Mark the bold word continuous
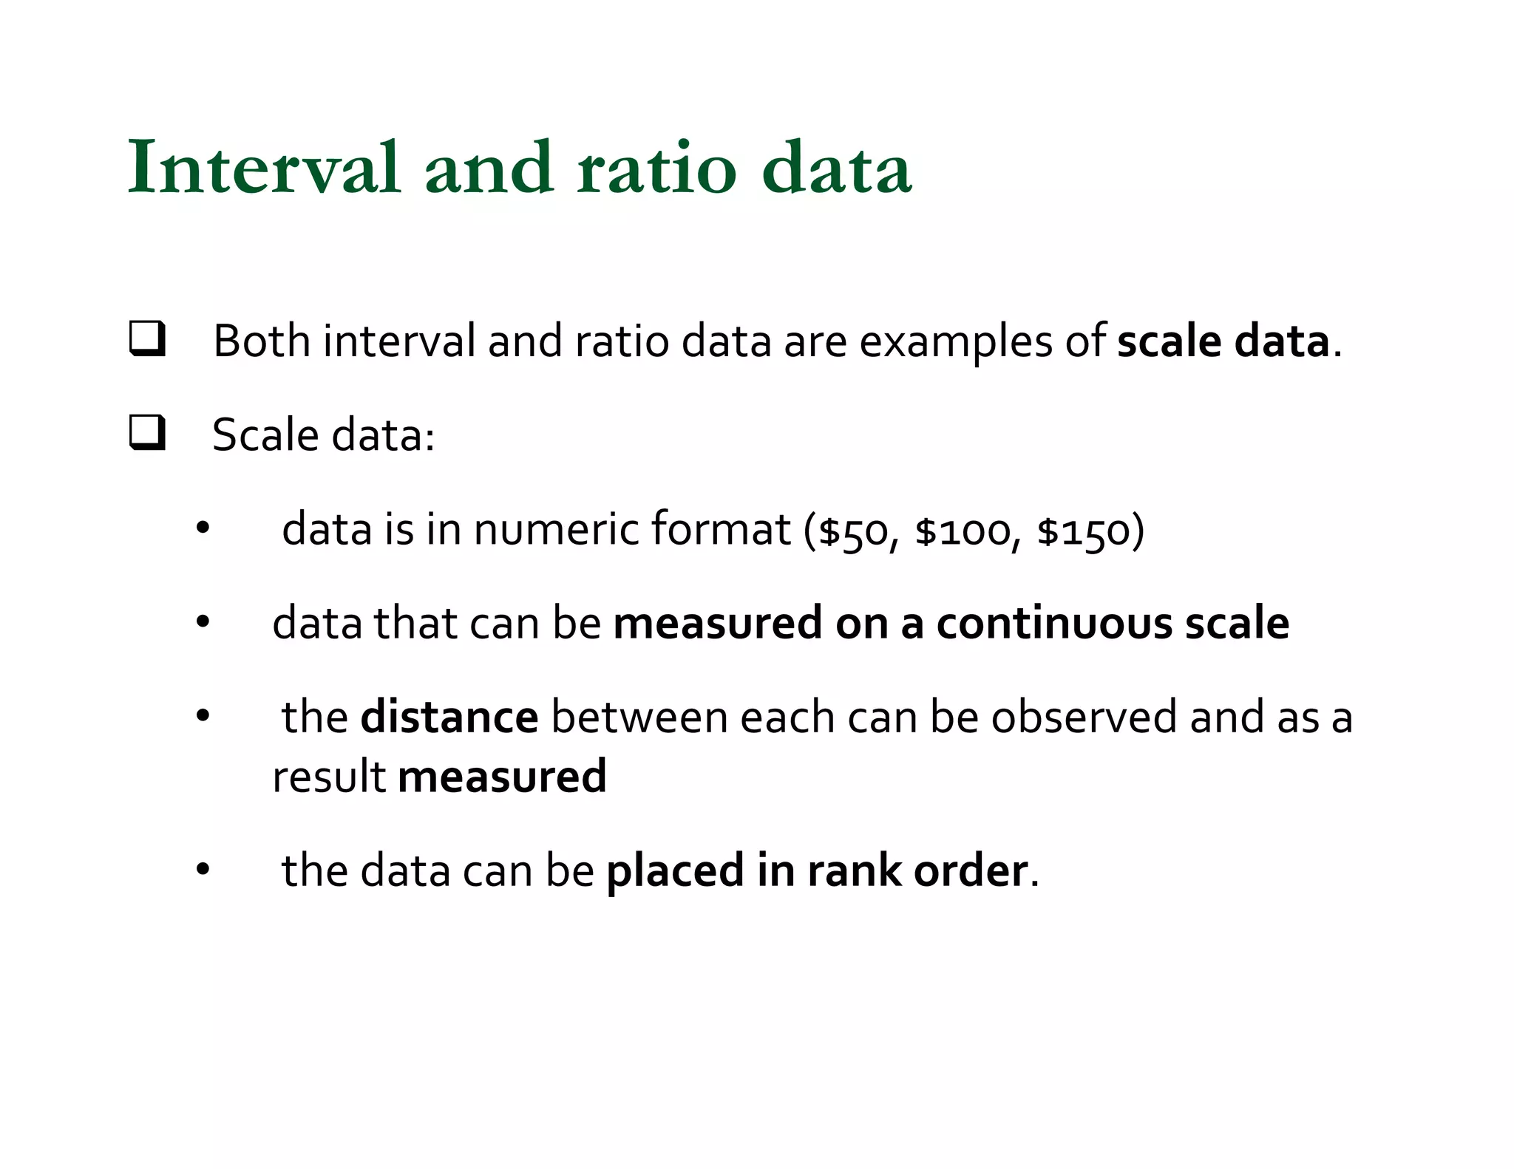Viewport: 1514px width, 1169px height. tap(1054, 623)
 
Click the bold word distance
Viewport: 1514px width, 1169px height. tap(449, 718)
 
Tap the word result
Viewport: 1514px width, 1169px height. tap(328, 777)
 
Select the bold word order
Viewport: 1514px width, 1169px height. tap(970, 870)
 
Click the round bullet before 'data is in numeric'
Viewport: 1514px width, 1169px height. tap(203, 529)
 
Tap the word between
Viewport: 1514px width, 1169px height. tap(639, 718)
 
